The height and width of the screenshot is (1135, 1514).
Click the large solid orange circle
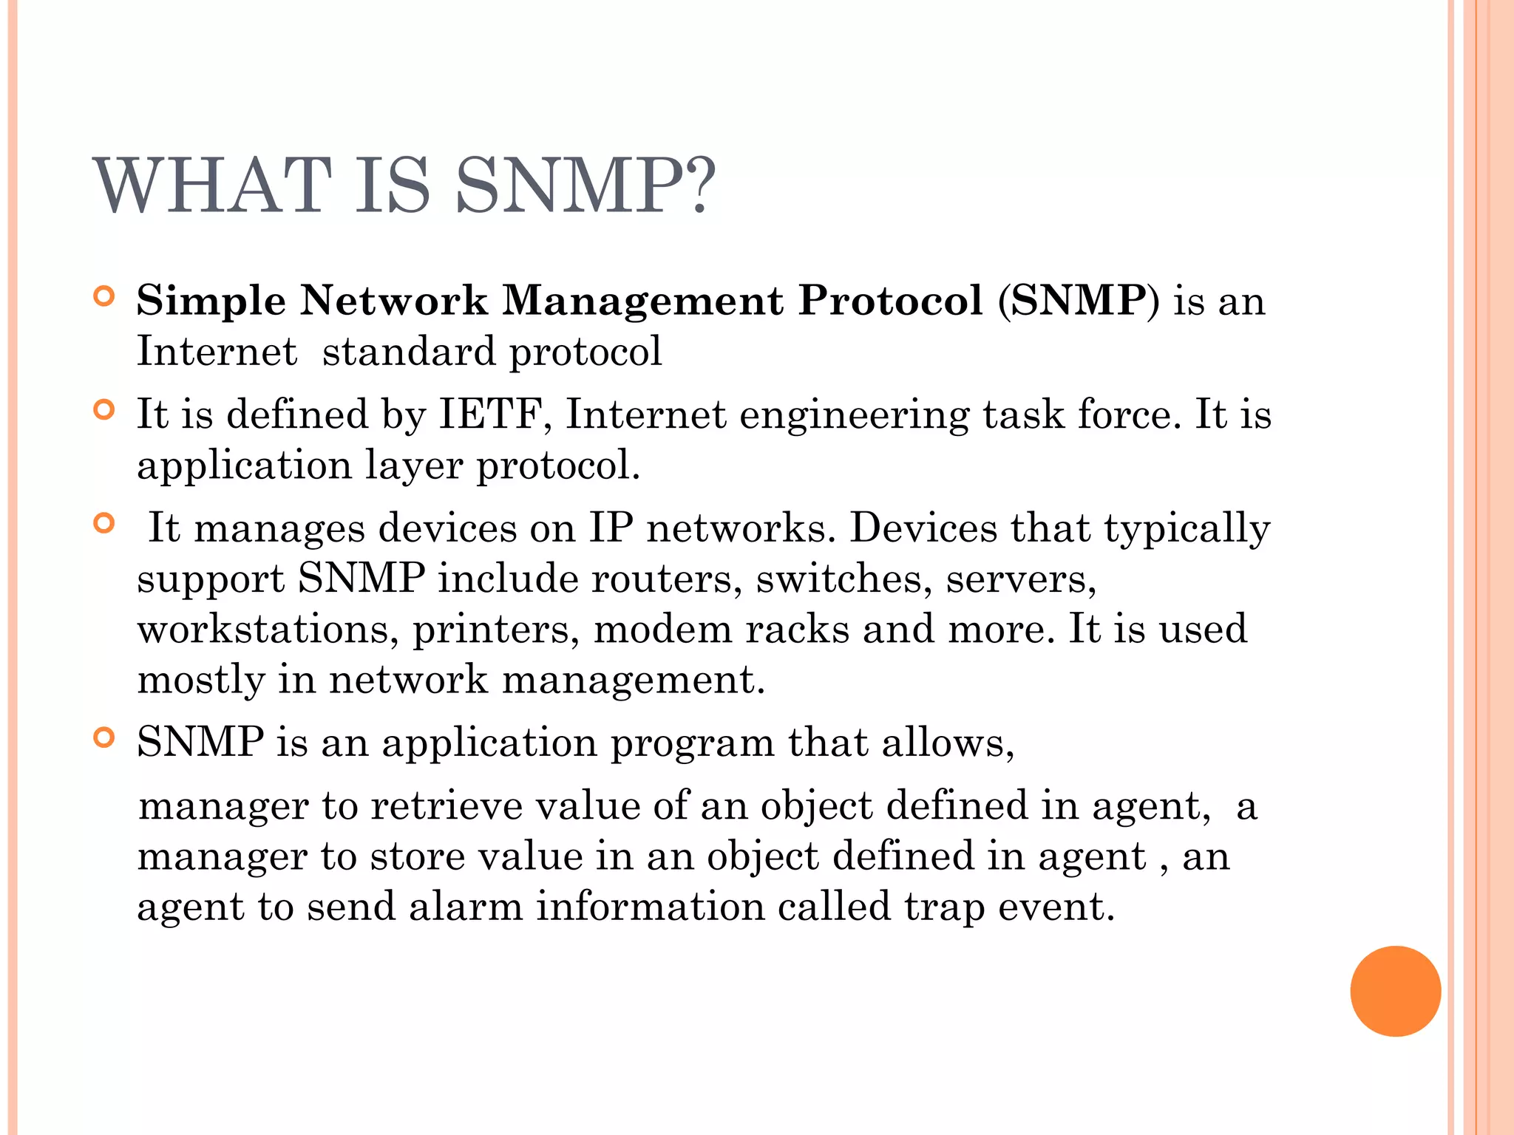[1395, 991]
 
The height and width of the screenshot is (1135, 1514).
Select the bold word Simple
[211, 301]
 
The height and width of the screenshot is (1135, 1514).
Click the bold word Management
[642, 301]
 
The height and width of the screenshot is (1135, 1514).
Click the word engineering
[854, 415]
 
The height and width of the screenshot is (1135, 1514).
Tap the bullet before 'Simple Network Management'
[104, 297]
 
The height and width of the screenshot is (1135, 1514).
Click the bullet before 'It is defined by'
[104, 410]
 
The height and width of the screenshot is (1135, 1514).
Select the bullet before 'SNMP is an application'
[104, 737]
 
